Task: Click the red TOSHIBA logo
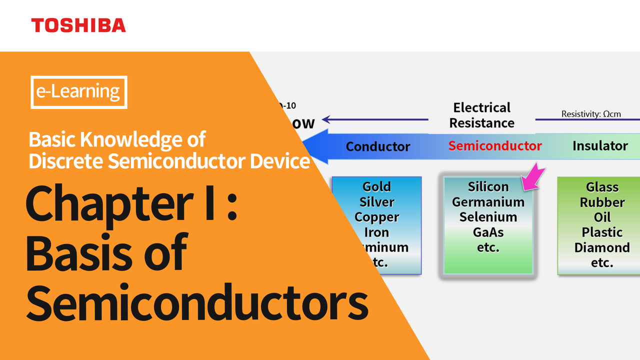(x=78, y=25)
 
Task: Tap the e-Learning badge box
(x=79, y=92)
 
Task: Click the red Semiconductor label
(x=494, y=146)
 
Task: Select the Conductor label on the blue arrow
(x=377, y=146)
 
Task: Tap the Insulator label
(x=600, y=146)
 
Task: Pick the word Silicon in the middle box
(x=488, y=187)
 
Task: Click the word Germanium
(x=488, y=202)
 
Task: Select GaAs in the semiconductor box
(x=488, y=232)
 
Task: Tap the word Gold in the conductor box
(x=376, y=187)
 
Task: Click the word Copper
(x=376, y=217)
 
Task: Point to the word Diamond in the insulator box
(x=601, y=247)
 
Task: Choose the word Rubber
(x=602, y=202)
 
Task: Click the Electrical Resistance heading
(x=482, y=115)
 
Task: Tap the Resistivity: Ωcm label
(x=591, y=114)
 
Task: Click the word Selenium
(x=488, y=217)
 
